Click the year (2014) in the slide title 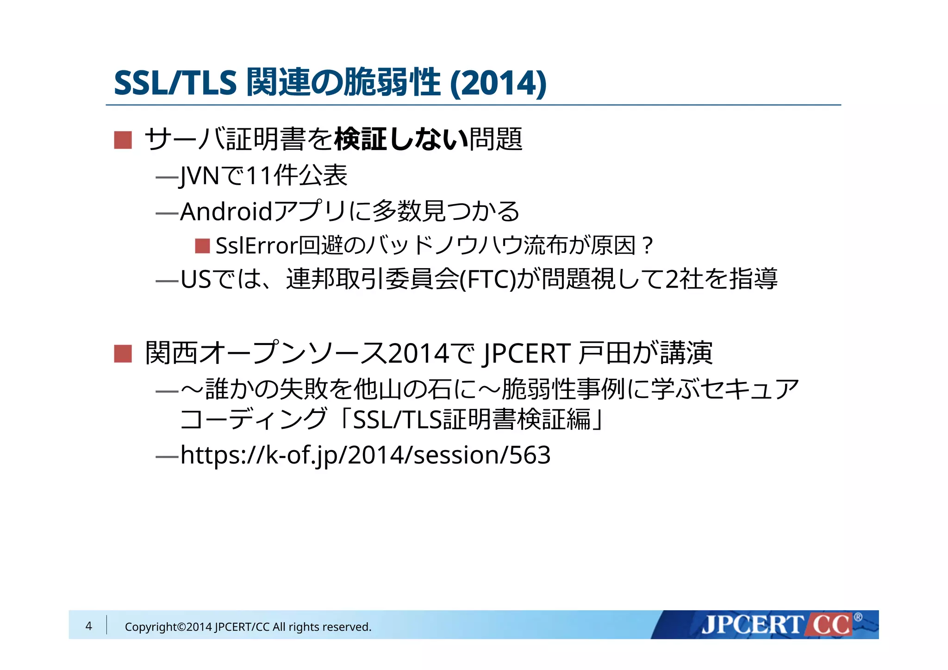coord(498,83)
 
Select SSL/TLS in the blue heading coord(175,83)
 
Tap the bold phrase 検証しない coord(401,139)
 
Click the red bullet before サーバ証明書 coord(123,140)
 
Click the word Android coord(226,212)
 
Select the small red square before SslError coord(202,246)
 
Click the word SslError coord(256,246)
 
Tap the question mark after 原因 coord(648,246)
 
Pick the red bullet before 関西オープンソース coord(123,354)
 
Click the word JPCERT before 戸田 coord(526,354)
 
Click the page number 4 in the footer coord(89,626)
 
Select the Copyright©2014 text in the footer coord(168,627)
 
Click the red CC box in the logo coord(831,625)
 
